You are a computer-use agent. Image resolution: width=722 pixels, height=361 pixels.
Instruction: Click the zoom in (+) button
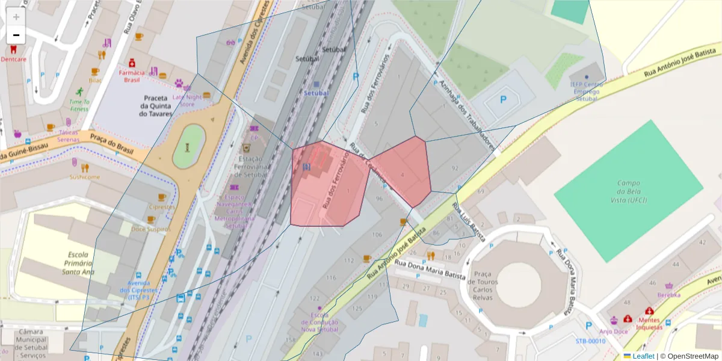[16, 17]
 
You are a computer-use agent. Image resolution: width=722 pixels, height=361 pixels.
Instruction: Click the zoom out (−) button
[16, 35]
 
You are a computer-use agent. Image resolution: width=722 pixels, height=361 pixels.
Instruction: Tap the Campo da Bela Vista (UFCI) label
[628, 191]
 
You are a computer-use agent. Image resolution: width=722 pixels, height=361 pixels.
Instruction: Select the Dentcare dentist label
[13, 59]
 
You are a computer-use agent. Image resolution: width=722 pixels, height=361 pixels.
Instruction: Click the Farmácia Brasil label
[131, 76]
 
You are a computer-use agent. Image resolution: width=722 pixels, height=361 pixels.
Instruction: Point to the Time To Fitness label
[79, 105]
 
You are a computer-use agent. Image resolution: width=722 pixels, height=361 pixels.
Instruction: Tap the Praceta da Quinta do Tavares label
[155, 105]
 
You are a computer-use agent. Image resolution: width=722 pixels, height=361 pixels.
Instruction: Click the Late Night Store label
[187, 100]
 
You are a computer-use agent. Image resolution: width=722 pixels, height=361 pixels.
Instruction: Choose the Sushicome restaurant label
[84, 177]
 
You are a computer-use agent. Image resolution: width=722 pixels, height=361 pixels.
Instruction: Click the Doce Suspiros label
[151, 229]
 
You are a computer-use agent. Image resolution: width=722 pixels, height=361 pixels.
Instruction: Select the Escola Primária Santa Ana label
[78, 263]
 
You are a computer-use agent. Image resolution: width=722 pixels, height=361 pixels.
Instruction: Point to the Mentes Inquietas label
[649, 324]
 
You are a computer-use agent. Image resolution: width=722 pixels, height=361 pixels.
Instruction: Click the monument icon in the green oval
[188, 147]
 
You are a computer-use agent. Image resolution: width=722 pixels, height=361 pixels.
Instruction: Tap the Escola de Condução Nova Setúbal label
[319, 322]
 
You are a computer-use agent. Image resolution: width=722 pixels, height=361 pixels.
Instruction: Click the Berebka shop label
[668, 295]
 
